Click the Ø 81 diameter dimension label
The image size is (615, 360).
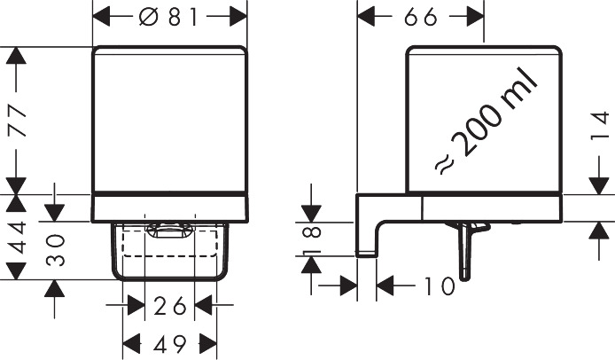click(169, 17)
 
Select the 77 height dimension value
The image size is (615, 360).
click(18, 121)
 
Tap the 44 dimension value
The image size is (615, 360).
click(18, 237)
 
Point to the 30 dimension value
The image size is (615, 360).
click(55, 250)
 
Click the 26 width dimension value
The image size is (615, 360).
click(169, 306)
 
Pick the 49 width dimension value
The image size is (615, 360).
click(169, 345)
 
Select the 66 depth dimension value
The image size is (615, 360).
click(420, 17)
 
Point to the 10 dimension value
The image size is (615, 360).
click(440, 286)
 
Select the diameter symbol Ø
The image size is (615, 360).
click(148, 17)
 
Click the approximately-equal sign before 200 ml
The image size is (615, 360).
click(444, 163)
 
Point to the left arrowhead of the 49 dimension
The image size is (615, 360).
click(132, 344)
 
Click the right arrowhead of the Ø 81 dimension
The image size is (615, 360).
click(238, 17)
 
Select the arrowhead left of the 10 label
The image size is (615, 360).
click(348, 286)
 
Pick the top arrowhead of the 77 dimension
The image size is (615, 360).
click(17, 55)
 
